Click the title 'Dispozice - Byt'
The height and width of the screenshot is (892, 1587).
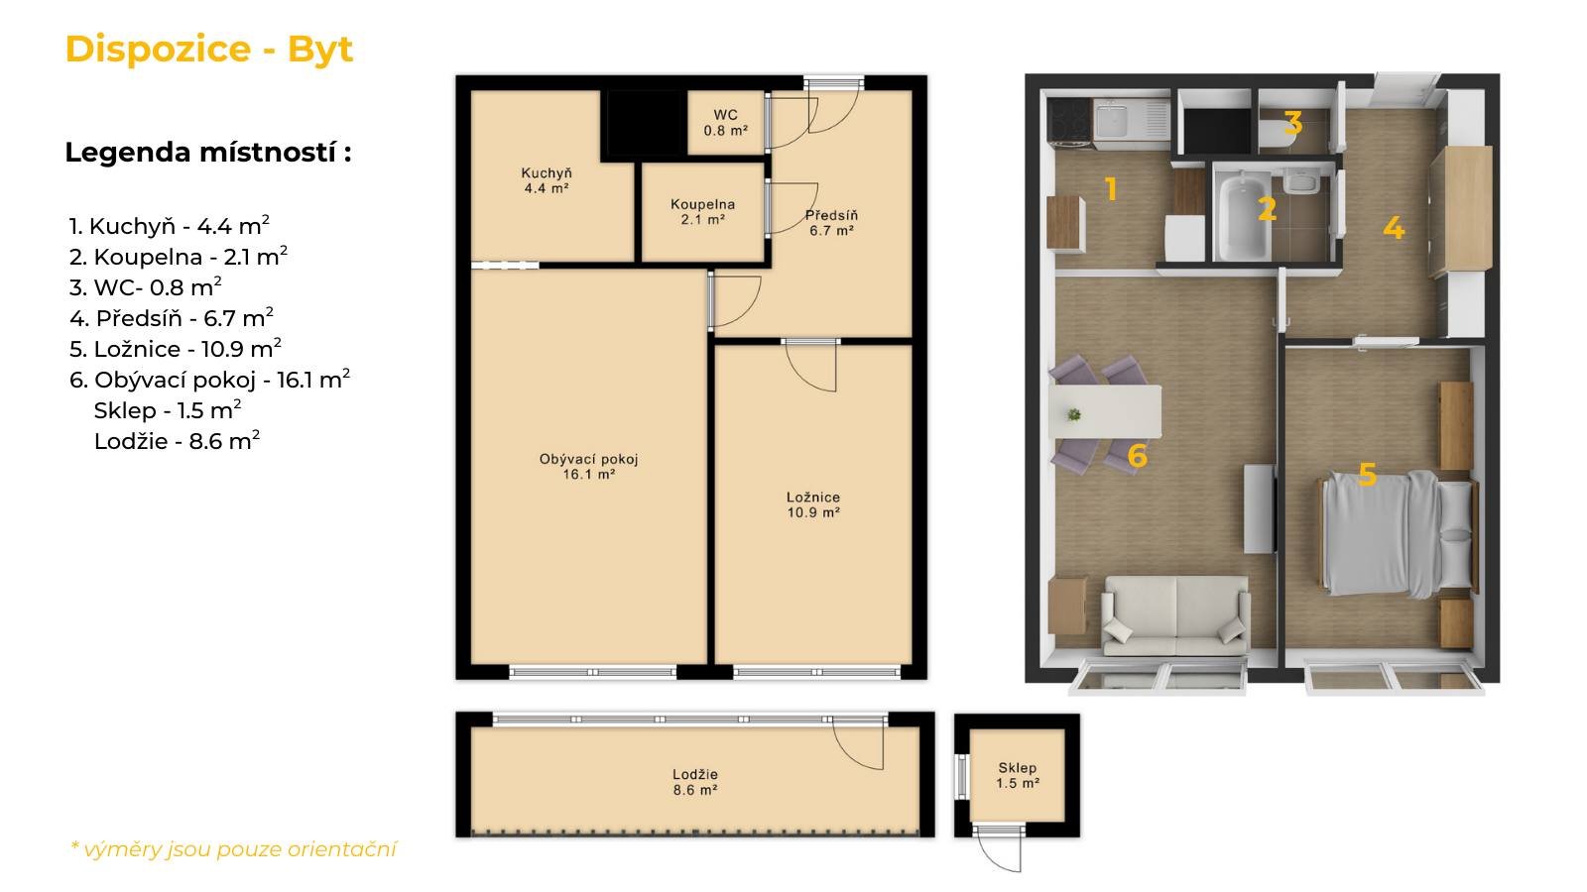click(x=209, y=50)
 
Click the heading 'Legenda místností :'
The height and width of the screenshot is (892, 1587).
click(x=208, y=153)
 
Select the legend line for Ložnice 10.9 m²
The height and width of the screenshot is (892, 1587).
click(x=176, y=348)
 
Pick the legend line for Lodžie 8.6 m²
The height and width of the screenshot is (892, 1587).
click(x=178, y=440)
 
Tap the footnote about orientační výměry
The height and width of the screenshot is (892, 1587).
click(x=233, y=848)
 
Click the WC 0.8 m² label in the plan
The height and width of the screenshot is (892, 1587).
click(x=725, y=123)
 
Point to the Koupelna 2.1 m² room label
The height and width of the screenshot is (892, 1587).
click(x=703, y=212)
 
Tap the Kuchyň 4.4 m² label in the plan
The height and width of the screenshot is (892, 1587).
click(x=547, y=180)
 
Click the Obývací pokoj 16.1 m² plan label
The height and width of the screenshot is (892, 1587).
click(x=589, y=467)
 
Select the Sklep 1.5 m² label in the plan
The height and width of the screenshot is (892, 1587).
click(x=1018, y=775)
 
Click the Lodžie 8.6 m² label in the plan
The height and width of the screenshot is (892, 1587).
click(x=695, y=782)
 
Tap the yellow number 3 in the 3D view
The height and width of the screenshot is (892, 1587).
click(x=1293, y=123)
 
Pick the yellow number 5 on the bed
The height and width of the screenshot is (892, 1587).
click(x=1367, y=475)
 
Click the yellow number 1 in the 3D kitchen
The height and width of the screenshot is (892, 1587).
click(x=1111, y=189)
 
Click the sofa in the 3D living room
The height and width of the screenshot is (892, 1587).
click(x=1175, y=615)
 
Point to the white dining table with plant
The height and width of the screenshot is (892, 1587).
click(x=1105, y=411)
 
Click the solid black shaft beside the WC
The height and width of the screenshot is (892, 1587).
click(x=644, y=123)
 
